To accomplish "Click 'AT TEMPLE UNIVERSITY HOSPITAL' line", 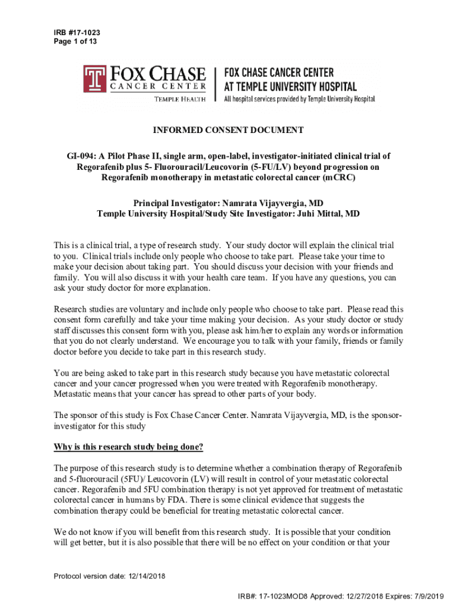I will point(290,87).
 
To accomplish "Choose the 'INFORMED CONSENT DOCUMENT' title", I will point(228,131).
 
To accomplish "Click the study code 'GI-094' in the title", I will point(80,156).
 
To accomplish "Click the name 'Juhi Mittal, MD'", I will point(327,214).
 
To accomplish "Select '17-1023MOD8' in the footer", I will point(285,596).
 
